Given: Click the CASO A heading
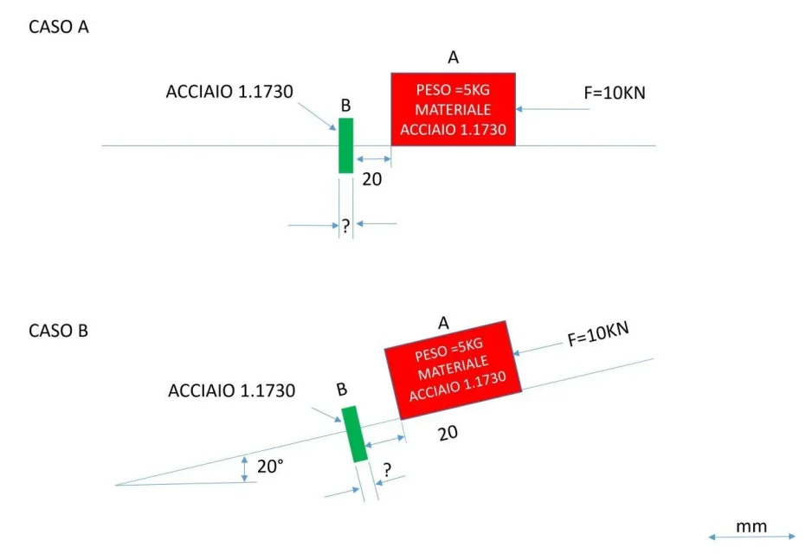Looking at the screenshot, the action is click(x=59, y=27).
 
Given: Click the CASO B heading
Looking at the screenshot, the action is click(x=59, y=331).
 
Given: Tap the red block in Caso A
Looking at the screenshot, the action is click(x=453, y=109).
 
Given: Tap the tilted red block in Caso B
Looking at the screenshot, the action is click(x=453, y=370).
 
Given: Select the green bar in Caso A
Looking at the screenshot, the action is click(x=346, y=145).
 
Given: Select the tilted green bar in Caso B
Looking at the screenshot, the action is click(x=355, y=434).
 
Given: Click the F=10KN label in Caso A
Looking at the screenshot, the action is click(x=615, y=93).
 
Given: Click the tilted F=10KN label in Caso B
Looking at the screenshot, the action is click(x=598, y=334).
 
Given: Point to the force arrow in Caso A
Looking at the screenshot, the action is click(x=552, y=109).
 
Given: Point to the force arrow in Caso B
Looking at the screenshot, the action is click(x=538, y=349).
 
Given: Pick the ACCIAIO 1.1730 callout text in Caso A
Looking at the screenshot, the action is click(x=229, y=92).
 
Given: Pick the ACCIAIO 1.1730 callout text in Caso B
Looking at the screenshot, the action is click(x=231, y=390).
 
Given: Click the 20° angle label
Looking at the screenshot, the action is click(x=270, y=467).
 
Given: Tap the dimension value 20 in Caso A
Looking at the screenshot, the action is click(x=372, y=179).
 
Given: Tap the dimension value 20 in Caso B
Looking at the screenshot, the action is click(x=448, y=434).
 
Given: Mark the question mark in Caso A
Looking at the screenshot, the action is click(x=346, y=226).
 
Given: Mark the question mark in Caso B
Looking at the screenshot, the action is click(x=387, y=470).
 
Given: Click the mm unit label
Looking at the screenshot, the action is click(x=751, y=527).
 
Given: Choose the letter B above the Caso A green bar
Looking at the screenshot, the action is click(x=346, y=106).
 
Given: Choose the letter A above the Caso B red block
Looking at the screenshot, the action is click(x=443, y=323).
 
